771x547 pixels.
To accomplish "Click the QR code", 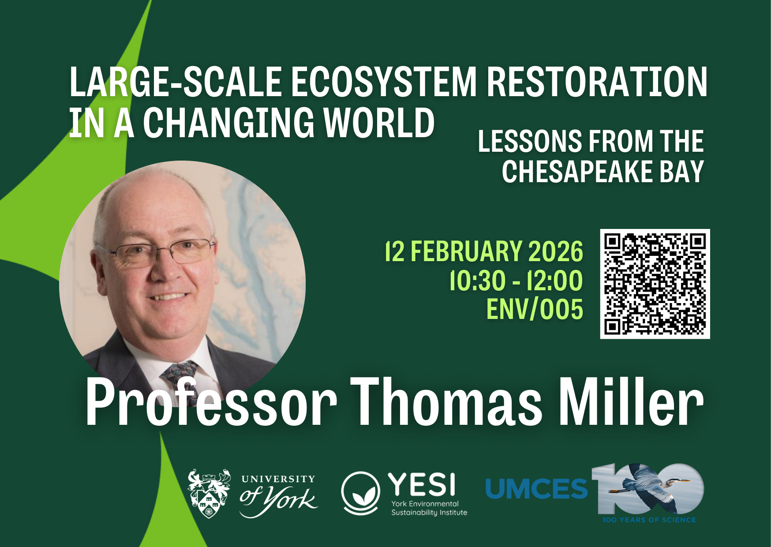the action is [x=655, y=284].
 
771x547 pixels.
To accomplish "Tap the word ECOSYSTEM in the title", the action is [x=384, y=82].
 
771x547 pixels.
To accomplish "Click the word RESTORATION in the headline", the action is [x=597, y=82].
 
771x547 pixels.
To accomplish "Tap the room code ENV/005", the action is [x=535, y=309].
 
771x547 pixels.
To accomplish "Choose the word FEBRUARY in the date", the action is [x=467, y=251].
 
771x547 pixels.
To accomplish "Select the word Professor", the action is [x=211, y=402].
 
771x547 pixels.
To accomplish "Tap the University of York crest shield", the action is [x=209, y=493].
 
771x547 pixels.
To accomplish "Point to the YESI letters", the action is [x=422, y=484].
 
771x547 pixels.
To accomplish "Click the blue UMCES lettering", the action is [x=536, y=489].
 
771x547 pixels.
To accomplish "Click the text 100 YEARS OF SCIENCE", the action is [x=649, y=520].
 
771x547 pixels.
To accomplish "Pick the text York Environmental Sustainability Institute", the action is [x=429, y=508].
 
